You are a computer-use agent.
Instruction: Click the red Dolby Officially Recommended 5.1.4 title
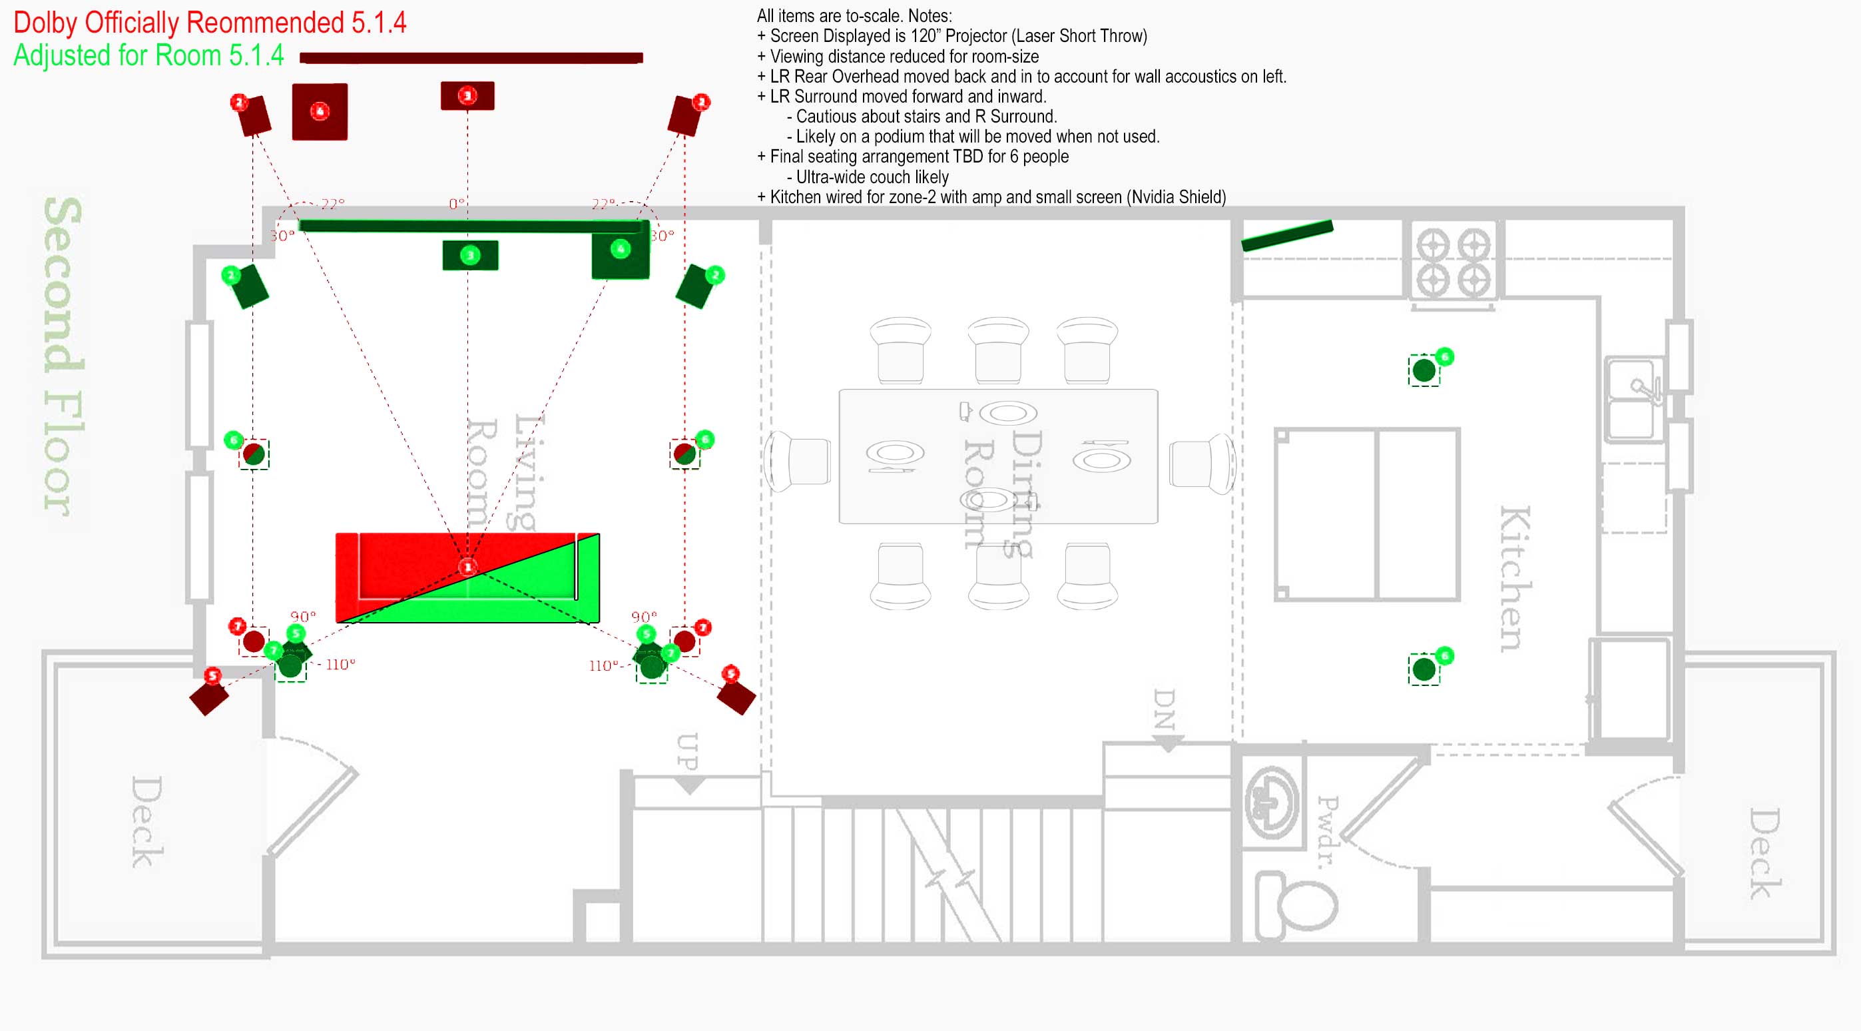pyautogui.click(x=210, y=23)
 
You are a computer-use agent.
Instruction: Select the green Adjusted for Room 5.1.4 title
pyautogui.click(x=149, y=56)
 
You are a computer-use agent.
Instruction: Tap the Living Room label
pyautogui.click(x=501, y=474)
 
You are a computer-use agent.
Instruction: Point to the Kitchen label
pyautogui.click(x=1514, y=578)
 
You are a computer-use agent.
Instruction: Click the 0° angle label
pyautogui.click(x=457, y=204)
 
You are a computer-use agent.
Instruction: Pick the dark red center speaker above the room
pyautogui.click(x=467, y=95)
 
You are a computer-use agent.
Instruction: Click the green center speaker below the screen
pyautogui.click(x=470, y=255)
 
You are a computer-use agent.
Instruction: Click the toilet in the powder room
pyautogui.click(x=1297, y=904)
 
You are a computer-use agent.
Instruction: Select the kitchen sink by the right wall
pyautogui.click(x=1634, y=400)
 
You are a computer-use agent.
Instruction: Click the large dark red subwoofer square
pyautogui.click(x=320, y=111)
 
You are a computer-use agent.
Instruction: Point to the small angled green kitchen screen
pyautogui.click(x=1286, y=236)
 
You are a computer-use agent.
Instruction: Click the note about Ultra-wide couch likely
pyautogui.click(x=872, y=177)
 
